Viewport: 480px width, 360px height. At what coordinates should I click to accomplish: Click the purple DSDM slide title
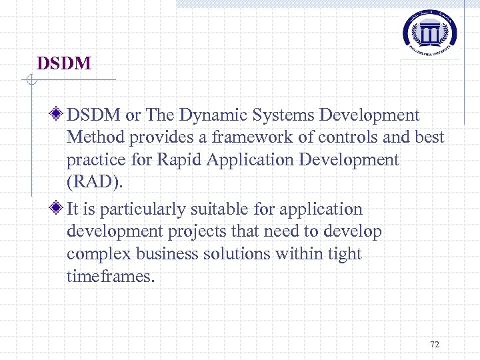click(64, 64)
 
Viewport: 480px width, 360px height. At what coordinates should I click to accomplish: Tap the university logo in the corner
click(429, 31)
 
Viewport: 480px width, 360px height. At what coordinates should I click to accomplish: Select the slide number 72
click(435, 344)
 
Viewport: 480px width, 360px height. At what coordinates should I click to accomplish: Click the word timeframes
click(109, 277)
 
